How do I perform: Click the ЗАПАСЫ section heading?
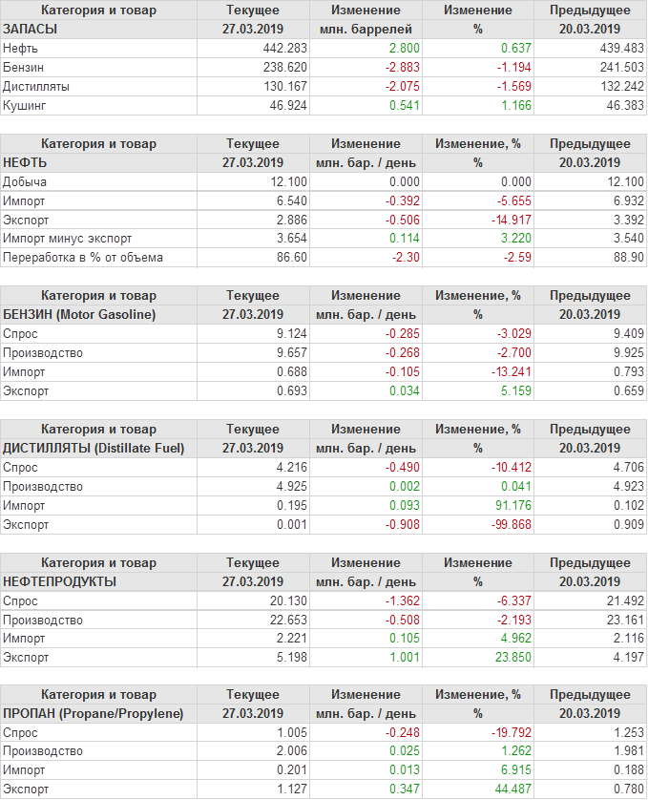point(31,29)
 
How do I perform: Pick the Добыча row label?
point(25,181)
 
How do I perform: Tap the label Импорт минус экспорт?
point(68,238)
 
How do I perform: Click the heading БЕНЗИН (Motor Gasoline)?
point(79,314)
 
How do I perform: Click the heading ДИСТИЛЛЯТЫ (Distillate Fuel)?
point(94,448)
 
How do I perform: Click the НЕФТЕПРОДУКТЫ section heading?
point(60,580)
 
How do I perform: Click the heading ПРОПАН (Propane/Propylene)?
point(93,713)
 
